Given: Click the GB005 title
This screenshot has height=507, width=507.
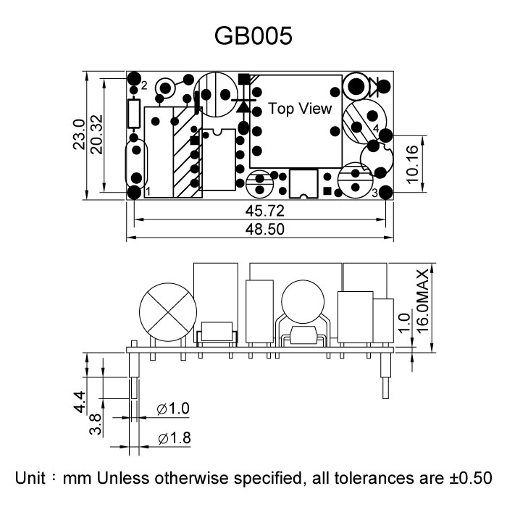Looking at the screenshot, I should pyautogui.click(x=253, y=36).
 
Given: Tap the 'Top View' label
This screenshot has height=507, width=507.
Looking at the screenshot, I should pyautogui.click(x=300, y=109).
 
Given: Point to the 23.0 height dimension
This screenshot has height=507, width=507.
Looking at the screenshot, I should pyautogui.click(x=80, y=135).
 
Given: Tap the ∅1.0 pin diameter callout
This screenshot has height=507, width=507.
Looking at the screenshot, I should pyautogui.click(x=173, y=409).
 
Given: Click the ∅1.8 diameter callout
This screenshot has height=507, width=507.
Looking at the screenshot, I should pyautogui.click(x=173, y=438).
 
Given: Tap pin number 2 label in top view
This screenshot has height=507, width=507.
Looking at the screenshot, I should pyautogui.click(x=144, y=85).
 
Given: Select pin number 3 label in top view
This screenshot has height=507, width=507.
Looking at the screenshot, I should pyautogui.click(x=374, y=193).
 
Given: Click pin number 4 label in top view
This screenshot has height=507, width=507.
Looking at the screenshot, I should pyautogui.click(x=375, y=128).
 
